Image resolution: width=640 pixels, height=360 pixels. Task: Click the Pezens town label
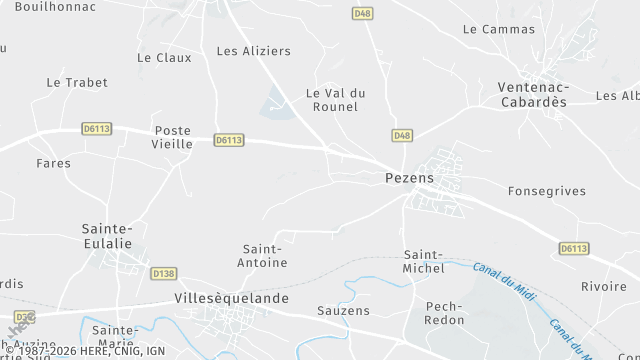pyautogui.click(x=409, y=178)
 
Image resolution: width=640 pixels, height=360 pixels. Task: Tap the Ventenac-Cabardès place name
pyautogui.click(x=533, y=93)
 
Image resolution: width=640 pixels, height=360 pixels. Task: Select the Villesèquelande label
pyautogui.click(x=231, y=298)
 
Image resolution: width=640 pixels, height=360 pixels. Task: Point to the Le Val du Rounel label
pyautogui.click(x=335, y=100)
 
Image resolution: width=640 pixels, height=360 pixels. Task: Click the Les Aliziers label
pyautogui.click(x=253, y=50)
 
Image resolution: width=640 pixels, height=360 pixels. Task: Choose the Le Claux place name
pyautogui.click(x=164, y=58)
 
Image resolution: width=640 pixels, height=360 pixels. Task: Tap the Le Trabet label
pyautogui.click(x=77, y=82)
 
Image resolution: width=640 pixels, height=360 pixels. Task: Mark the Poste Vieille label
pyautogui.click(x=173, y=137)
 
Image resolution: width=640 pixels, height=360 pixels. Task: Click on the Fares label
pyautogui.click(x=53, y=163)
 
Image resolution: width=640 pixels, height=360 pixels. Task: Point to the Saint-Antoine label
pyautogui.click(x=265, y=255)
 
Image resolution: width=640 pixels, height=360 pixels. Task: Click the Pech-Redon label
pyautogui.click(x=444, y=313)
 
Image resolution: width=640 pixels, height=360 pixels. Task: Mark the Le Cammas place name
pyautogui.click(x=499, y=29)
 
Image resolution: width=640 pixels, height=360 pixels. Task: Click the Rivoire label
pyautogui.click(x=603, y=286)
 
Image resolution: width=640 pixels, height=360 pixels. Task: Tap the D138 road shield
pyautogui.click(x=163, y=273)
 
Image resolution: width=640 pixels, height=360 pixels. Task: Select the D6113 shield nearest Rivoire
pyautogui.click(x=574, y=248)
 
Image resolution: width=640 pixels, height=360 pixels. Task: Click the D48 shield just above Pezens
pyautogui.click(x=402, y=135)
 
